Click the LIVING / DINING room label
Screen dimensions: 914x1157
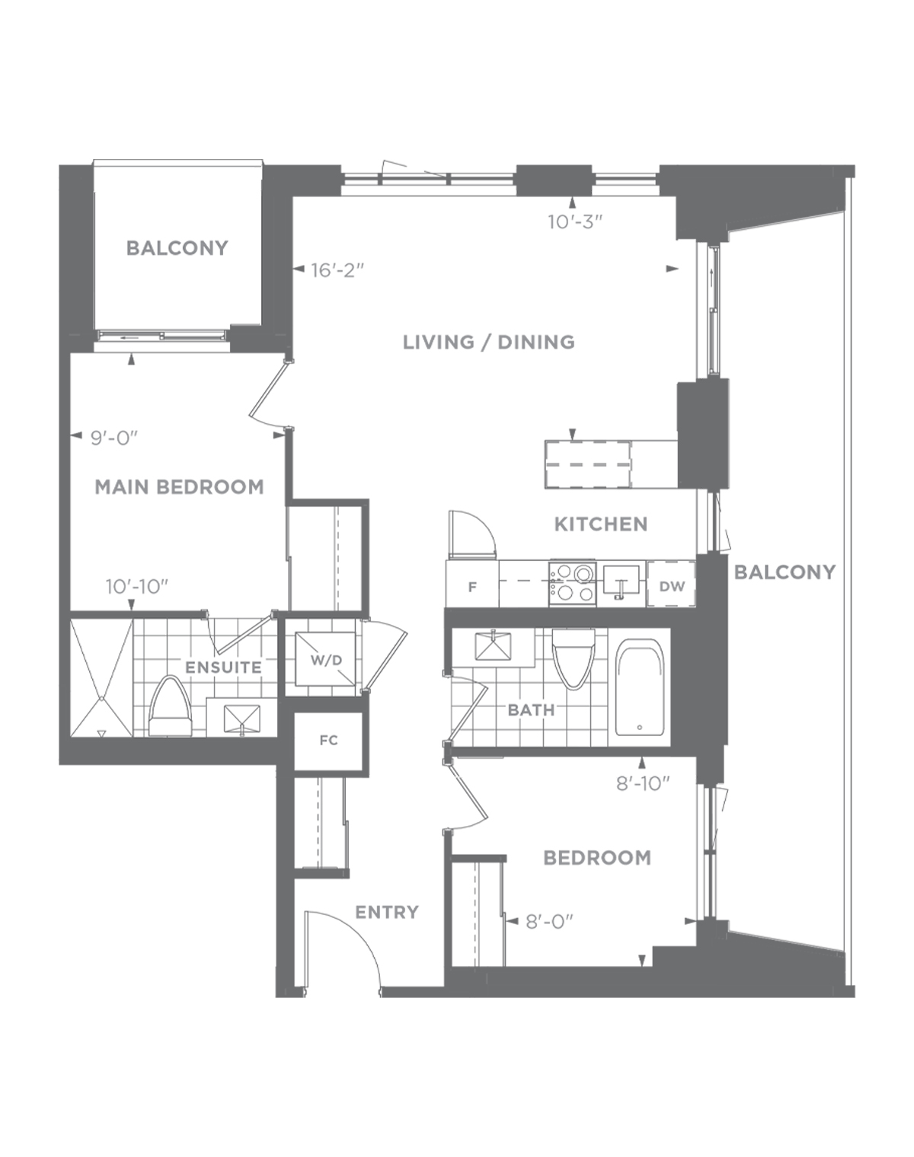point(488,342)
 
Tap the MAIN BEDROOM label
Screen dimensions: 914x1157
point(179,487)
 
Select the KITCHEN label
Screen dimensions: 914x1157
point(601,524)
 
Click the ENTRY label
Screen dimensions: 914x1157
point(387,913)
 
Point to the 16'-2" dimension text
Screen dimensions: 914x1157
point(338,270)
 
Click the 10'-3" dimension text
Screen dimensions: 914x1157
point(574,222)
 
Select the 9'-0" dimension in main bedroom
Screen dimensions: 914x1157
point(114,438)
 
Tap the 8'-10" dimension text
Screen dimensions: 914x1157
point(643,784)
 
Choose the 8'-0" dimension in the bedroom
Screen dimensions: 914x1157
point(549,923)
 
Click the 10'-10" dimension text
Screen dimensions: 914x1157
point(137,587)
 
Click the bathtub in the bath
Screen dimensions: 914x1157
point(639,687)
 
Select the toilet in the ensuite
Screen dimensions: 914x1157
point(171,706)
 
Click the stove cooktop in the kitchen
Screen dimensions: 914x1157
point(573,583)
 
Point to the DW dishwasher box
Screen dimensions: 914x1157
point(671,584)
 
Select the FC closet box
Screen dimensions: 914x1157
point(329,741)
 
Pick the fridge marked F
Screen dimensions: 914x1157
point(471,584)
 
